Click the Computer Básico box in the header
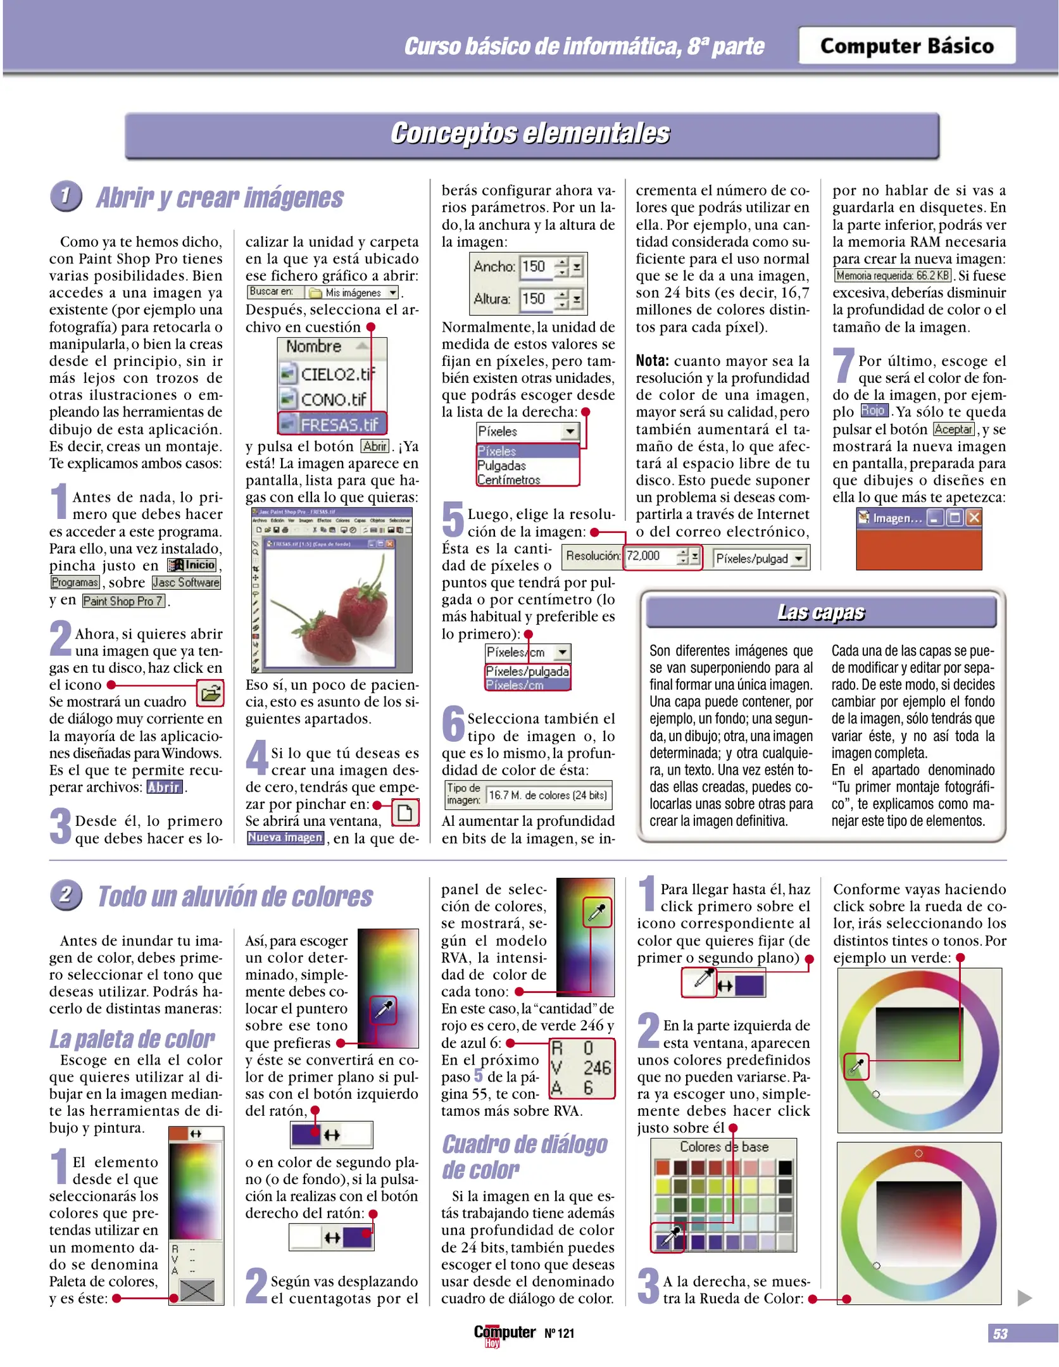point(906,46)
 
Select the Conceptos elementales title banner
point(530,134)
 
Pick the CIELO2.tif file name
point(333,374)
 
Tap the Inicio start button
point(192,565)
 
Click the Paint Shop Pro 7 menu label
point(123,601)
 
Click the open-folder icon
point(210,693)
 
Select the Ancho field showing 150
point(535,266)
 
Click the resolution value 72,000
point(644,556)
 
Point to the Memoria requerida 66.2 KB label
point(893,275)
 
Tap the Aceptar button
point(953,429)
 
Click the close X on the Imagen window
point(974,518)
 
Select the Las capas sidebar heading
point(820,612)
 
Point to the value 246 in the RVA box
point(596,1068)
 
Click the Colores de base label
point(724,1147)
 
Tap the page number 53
point(1000,1334)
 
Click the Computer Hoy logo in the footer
point(504,1334)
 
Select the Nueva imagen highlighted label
point(285,838)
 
